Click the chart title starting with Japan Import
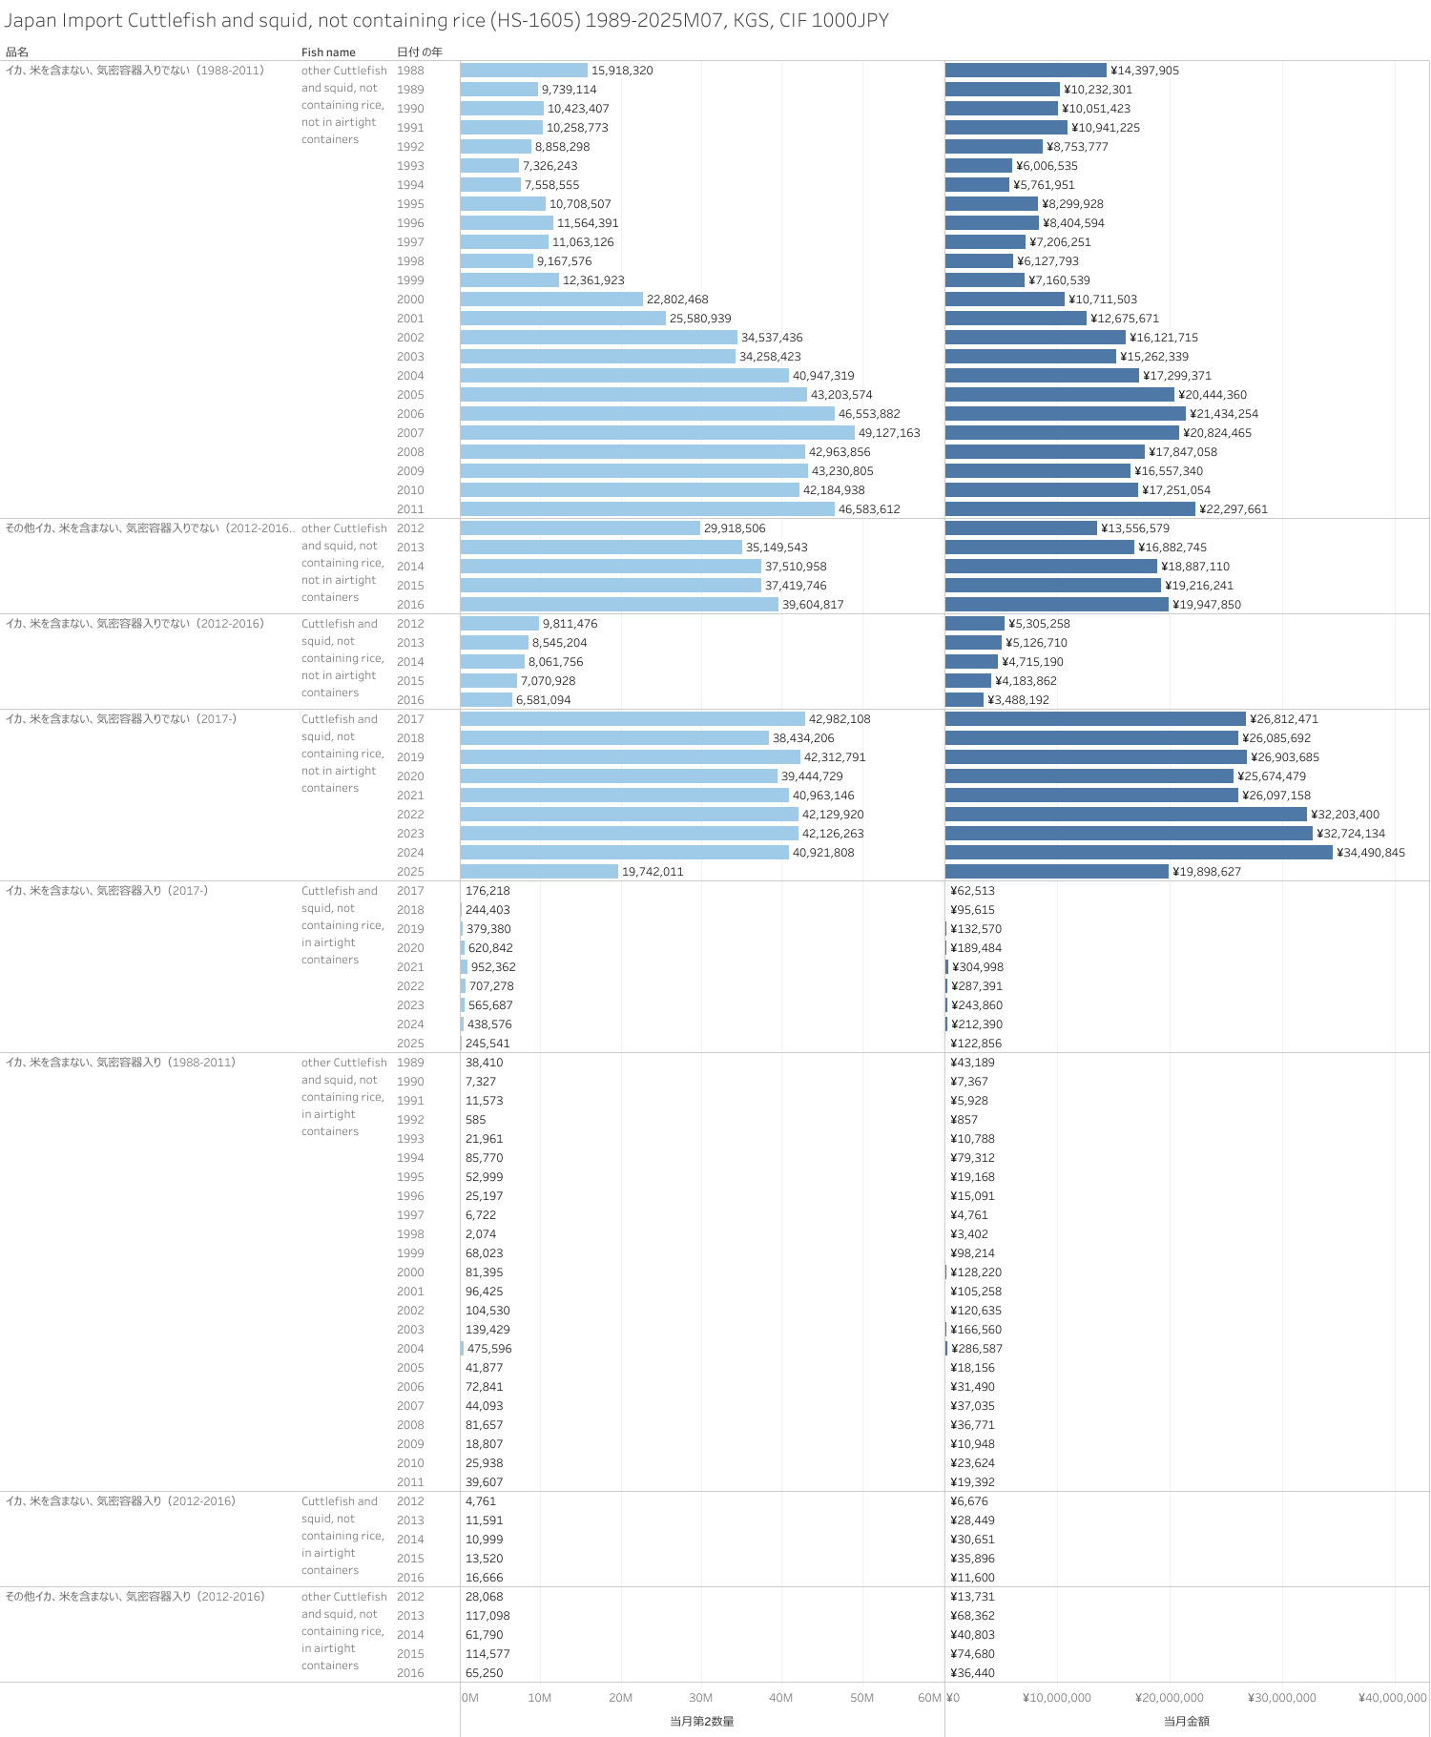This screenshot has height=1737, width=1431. [446, 20]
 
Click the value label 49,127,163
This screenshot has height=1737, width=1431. [889, 433]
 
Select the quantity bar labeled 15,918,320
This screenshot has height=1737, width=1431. [524, 71]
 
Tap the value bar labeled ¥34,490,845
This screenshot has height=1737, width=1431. [1138, 853]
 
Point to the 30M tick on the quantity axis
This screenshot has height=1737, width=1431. [700, 1698]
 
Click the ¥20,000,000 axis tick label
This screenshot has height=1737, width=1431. [1169, 1698]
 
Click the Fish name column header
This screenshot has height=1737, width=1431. [328, 52]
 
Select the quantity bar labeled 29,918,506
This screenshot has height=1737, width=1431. [580, 528]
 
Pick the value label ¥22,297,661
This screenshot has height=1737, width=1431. [1234, 509]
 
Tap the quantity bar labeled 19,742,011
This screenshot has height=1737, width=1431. [539, 872]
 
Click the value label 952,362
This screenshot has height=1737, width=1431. [493, 967]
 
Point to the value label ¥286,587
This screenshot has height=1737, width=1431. [977, 1349]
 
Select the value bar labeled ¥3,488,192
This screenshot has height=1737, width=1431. [964, 700]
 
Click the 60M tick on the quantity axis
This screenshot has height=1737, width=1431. [929, 1698]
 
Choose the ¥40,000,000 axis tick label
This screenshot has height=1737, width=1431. [1392, 1698]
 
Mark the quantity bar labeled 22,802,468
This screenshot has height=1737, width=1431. [551, 300]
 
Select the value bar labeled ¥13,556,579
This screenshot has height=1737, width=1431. [1021, 528]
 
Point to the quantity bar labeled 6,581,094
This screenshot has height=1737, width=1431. [487, 700]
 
